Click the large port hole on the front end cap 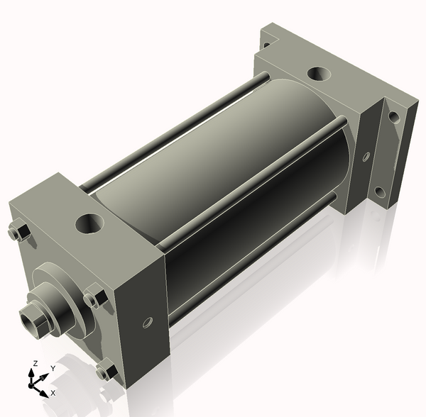pyautogui.click(x=89, y=223)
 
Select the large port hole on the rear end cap pyautogui.click(x=319, y=74)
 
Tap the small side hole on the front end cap pyautogui.click(x=148, y=322)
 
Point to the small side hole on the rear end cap pyautogui.click(x=366, y=157)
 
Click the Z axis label pyautogui.click(x=35, y=363)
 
